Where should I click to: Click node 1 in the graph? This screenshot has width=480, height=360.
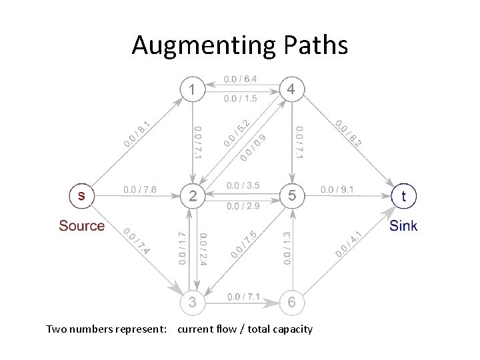click(x=192, y=89)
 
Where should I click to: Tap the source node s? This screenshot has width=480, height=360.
click(x=82, y=195)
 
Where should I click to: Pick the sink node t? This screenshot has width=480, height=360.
click(x=403, y=195)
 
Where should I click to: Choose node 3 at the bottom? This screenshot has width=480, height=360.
click(x=192, y=303)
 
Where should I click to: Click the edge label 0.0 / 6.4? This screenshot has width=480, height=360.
click(x=241, y=79)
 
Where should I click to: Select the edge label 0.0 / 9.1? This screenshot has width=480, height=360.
click(x=337, y=190)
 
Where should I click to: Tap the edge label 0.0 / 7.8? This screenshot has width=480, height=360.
click(x=140, y=190)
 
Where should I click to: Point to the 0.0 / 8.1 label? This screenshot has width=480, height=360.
click(x=137, y=134)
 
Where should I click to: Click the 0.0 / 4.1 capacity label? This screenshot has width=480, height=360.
click(x=349, y=243)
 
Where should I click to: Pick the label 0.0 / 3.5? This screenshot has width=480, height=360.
click(x=243, y=185)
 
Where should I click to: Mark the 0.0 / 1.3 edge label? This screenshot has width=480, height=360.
click(x=287, y=248)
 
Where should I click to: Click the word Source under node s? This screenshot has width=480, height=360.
click(x=82, y=225)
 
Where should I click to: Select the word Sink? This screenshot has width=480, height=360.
click(x=403, y=225)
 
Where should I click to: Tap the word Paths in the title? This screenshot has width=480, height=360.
click(x=313, y=45)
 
